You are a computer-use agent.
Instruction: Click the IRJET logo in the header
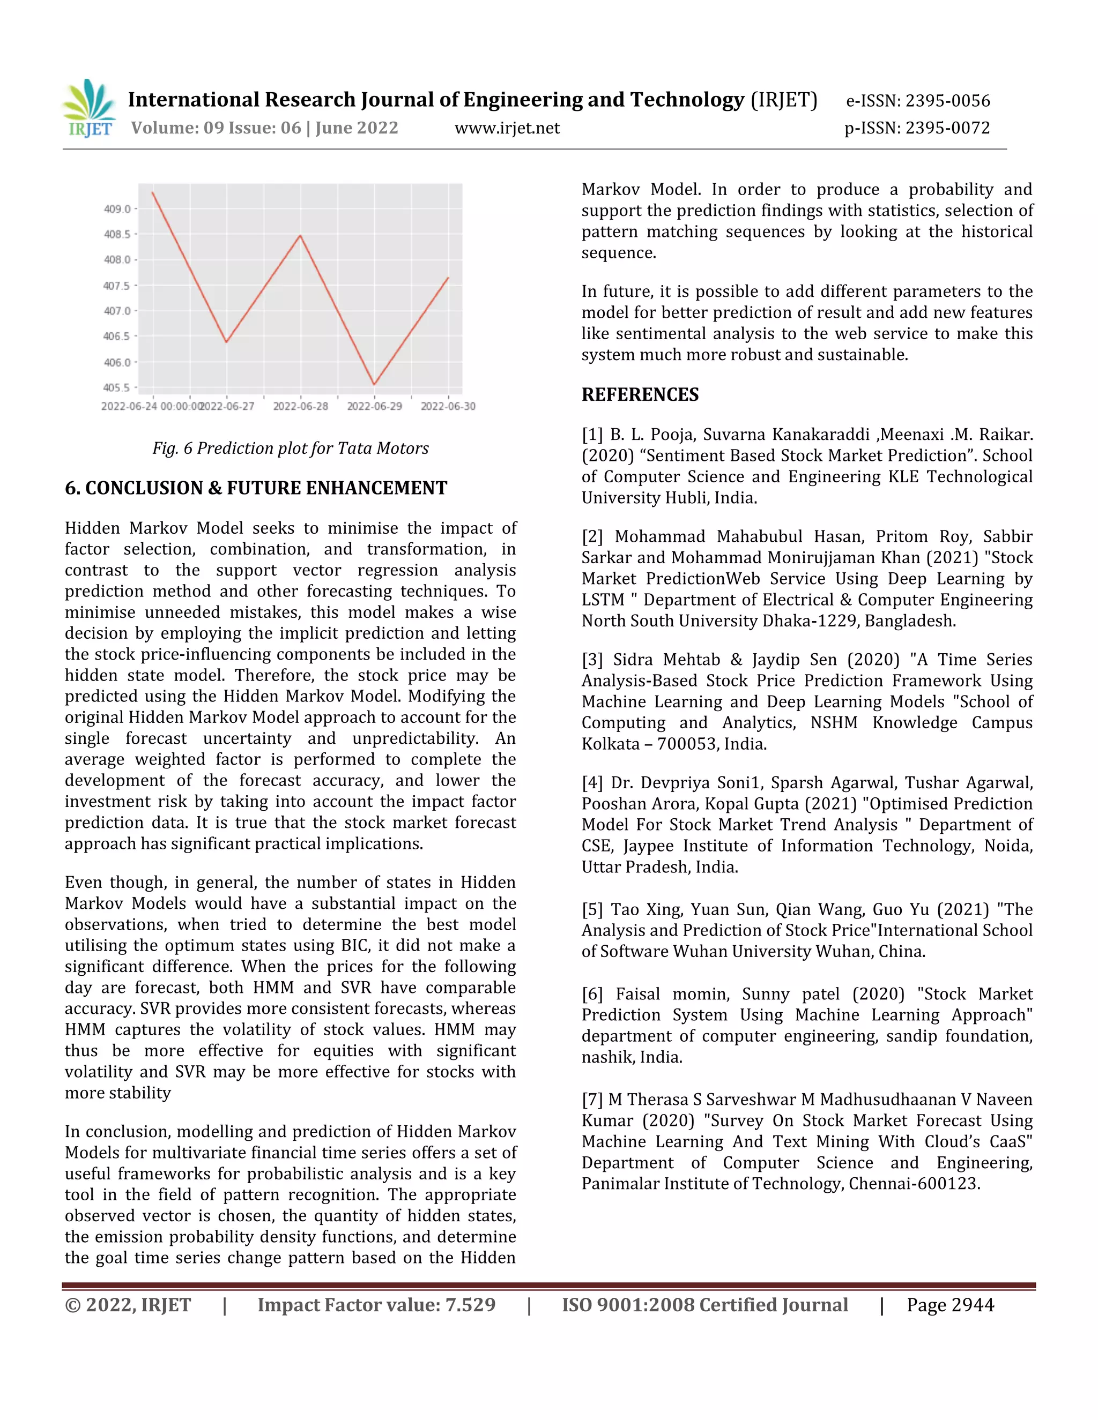89,109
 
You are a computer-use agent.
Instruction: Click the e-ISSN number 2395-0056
947,101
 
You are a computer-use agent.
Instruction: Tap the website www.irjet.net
507,128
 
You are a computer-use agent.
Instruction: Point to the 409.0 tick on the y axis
117,208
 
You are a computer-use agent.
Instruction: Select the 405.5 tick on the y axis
117,387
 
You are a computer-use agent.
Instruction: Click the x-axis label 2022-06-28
301,406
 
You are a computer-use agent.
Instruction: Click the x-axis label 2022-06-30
448,406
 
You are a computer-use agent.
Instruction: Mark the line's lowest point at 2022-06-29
374,384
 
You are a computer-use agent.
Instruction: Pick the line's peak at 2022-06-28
300,235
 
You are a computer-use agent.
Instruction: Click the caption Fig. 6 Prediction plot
290,448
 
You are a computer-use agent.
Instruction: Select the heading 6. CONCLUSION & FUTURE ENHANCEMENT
256,488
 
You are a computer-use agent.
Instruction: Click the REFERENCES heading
640,395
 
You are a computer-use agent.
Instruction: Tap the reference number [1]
592,435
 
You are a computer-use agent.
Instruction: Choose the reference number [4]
592,782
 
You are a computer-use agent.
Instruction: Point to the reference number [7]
592,1100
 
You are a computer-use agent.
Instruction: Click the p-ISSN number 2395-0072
947,128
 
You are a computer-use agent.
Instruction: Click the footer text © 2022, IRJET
128,1305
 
